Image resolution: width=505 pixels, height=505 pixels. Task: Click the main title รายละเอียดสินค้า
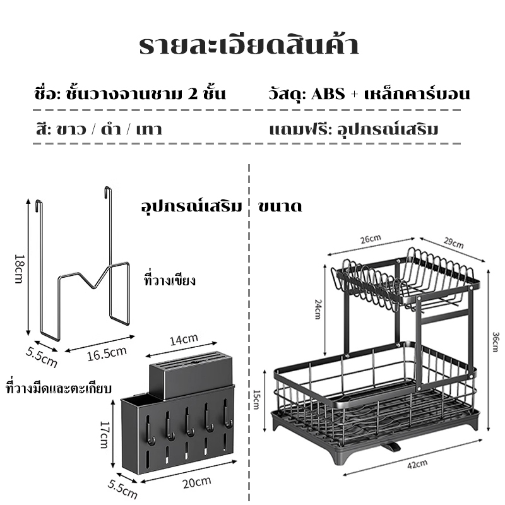[x=249, y=45]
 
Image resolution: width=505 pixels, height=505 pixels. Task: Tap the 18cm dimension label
[x=20, y=269]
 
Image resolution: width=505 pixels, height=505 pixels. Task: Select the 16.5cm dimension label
[x=107, y=353]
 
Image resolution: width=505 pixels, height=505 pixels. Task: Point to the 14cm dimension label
[x=184, y=340]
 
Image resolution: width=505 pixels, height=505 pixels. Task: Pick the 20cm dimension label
[x=197, y=482]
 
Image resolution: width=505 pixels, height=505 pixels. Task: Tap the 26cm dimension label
[x=371, y=239]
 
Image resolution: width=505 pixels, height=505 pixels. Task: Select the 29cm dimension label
[x=454, y=243]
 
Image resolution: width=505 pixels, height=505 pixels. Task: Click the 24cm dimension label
[x=318, y=309]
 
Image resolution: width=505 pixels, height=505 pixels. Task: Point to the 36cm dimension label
[x=496, y=342]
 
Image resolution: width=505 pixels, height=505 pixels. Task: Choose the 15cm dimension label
[x=256, y=400]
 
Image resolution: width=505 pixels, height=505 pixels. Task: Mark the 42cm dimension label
[x=417, y=465]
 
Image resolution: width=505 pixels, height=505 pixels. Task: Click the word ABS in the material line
[x=328, y=94]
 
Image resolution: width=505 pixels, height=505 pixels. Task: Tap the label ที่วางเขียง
[x=170, y=280]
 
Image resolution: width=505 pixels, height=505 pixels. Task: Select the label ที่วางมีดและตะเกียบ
[x=59, y=388]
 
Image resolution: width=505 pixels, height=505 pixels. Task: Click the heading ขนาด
[x=280, y=206]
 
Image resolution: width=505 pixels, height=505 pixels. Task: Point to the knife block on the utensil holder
[x=191, y=369]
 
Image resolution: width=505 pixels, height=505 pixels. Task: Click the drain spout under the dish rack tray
[x=390, y=447]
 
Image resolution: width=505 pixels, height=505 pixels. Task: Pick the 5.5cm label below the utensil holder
[x=122, y=489]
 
